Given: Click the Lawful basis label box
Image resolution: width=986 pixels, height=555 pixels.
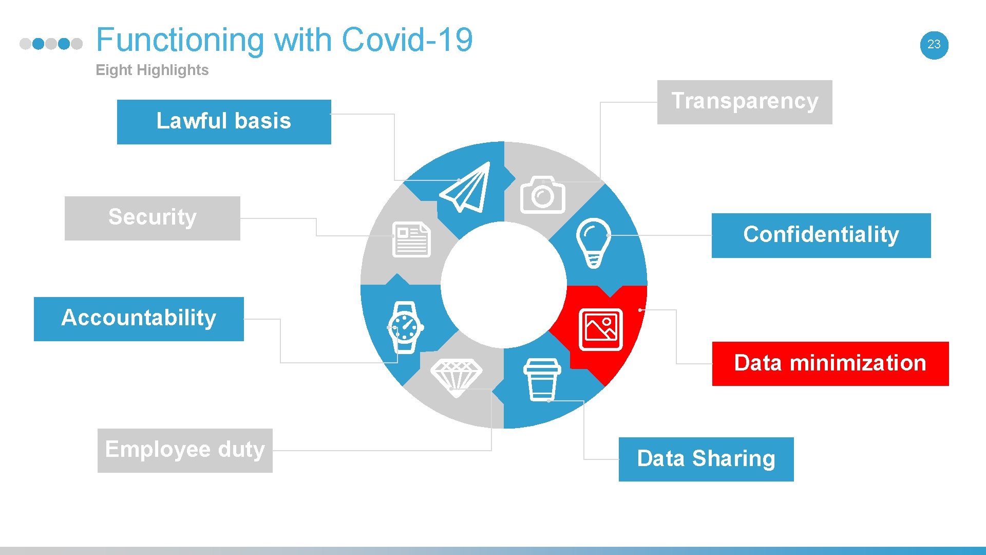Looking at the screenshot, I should [x=224, y=122].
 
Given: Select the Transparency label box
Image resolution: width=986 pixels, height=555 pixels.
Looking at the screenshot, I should [x=744, y=102].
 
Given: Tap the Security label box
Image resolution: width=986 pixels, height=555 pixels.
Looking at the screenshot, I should [x=152, y=218].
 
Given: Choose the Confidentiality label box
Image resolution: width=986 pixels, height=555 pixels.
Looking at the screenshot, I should [x=821, y=235].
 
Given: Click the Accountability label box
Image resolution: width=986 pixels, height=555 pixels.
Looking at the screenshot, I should [x=139, y=319].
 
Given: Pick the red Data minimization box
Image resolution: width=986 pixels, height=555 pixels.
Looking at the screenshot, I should [x=830, y=363].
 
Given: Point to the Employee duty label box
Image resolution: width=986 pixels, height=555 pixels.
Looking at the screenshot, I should [x=185, y=450].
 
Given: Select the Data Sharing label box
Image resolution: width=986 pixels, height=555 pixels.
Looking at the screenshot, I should [x=706, y=459].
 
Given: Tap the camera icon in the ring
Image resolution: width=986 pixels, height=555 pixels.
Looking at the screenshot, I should [x=542, y=195].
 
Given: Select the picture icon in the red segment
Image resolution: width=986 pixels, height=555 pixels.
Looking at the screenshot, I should [x=600, y=329].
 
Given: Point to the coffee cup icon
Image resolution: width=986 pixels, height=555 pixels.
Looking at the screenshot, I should [x=542, y=379].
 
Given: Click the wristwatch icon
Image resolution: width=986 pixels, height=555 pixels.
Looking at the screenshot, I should [x=405, y=327].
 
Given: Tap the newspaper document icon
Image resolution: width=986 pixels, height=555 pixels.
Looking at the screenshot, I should [x=411, y=239].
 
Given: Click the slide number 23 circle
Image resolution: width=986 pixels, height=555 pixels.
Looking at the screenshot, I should [x=934, y=45].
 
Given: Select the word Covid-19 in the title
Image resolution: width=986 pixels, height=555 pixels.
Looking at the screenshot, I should [x=407, y=40].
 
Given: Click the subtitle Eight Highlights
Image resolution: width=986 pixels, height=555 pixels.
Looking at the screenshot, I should [x=152, y=70].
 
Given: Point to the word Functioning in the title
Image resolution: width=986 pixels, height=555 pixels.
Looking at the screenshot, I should [x=180, y=40].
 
